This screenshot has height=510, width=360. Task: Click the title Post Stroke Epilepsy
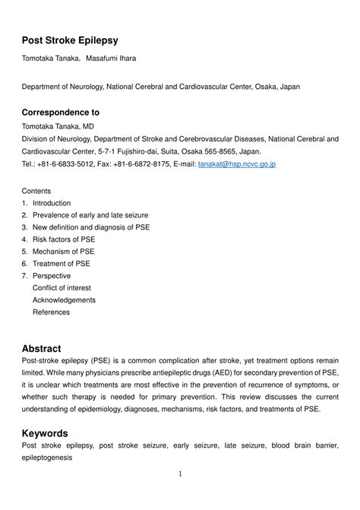tap(70, 40)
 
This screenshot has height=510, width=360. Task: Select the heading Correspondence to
tap(60, 112)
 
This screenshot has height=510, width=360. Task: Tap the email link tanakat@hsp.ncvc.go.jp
tap(236, 163)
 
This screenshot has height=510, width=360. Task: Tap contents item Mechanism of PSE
tap(64, 252)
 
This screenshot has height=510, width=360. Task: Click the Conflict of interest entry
tap(62, 288)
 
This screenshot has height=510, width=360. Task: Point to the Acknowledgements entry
tap(64, 300)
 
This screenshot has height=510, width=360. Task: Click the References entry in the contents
tap(51, 312)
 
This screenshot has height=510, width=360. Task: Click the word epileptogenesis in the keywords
tap(47, 458)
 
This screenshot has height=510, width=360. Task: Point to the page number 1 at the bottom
tap(180, 474)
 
